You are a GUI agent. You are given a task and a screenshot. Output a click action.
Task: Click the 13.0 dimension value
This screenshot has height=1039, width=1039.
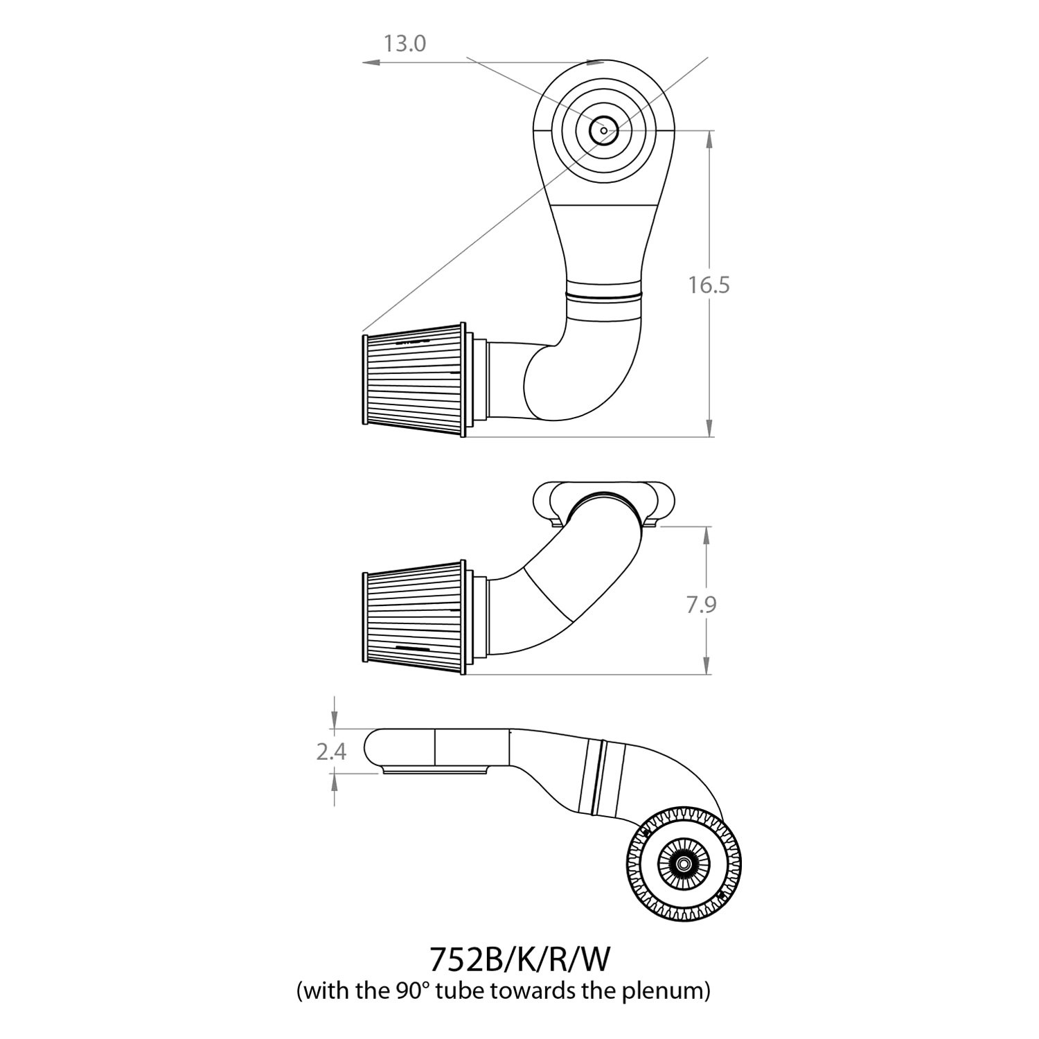coord(405,44)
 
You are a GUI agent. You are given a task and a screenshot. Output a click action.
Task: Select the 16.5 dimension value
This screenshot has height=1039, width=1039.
coord(709,285)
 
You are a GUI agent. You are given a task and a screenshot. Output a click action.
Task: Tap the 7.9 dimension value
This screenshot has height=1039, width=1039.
coord(701,605)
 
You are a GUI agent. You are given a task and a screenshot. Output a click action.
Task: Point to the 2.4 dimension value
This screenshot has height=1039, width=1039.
coord(331,752)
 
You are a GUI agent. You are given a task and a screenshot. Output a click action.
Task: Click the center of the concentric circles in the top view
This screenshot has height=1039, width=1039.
coord(604,130)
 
